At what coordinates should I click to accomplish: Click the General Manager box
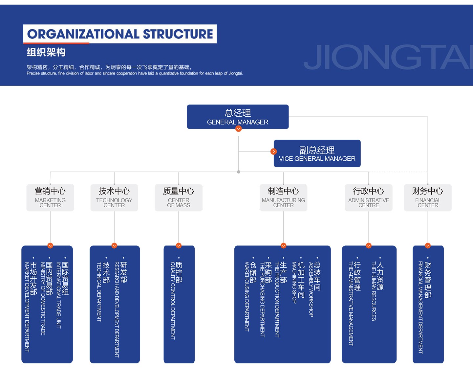(238, 117)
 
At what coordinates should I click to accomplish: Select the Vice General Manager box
(317, 153)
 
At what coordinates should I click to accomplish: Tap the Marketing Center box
(50, 197)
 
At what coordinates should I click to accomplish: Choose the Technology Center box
(114, 197)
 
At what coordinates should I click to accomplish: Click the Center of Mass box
(179, 197)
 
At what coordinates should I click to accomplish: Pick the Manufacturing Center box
(283, 197)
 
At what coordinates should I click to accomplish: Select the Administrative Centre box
(369, 197)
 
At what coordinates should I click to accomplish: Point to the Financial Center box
(428, 197)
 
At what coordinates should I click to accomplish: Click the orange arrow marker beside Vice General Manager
(274, 151)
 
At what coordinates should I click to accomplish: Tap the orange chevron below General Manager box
(239, 129)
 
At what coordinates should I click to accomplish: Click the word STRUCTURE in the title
(178, 34)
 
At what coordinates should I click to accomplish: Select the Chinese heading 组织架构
(46, 52)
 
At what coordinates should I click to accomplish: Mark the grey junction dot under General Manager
(239, 172)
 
